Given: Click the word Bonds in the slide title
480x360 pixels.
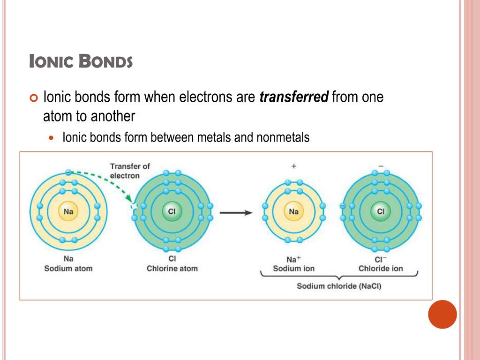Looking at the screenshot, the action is (x=105, y=61).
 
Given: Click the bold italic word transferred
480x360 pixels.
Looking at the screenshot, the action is (x=294, y=97).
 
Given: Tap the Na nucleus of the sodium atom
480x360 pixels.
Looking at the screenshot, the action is (x=68, y=212).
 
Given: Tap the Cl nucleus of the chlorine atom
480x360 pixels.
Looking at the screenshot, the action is (x=172, y=212).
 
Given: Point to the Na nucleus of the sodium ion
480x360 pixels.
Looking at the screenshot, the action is (x=294, y=212).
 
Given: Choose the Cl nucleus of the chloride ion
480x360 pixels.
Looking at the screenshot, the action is (x=380, y=212).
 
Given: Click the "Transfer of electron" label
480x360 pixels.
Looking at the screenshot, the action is (x=130, y=171).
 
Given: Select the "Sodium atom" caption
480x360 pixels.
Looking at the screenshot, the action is (x=68, y=269).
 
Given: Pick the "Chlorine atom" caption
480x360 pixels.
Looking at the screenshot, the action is (x=172, y=269).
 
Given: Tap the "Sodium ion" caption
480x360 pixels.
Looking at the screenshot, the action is (x=294, y=269).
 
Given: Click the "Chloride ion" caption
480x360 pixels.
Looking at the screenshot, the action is (x=381, y=269).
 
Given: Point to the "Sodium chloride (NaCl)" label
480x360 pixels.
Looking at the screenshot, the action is (x=339, y=286).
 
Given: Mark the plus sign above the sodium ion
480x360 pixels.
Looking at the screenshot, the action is (x=294, y=166).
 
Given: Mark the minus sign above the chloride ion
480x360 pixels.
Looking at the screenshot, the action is (x=381, y=166).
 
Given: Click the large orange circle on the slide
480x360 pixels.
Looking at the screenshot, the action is (x=442, y=314).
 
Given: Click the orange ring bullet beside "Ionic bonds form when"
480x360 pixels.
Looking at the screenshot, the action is (x=32, y=98).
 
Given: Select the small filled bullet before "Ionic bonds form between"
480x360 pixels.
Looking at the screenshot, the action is (x=52, y=138).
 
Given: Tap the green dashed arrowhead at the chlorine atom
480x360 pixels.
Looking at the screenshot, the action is (x=131, y=201).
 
